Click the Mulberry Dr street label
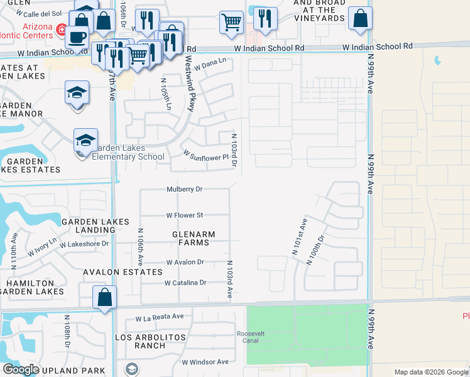point(185,188)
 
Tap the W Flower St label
point(185,215)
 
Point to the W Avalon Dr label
point(185,262)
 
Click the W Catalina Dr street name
point(185,283)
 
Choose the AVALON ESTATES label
point(123,272)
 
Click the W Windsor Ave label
point(205,362)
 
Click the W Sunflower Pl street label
point(205,155)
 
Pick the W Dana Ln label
point(210,63)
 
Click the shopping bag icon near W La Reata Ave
point(104,297)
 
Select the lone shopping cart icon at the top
point(232,23)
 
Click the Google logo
point(21,369)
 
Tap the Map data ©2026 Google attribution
point(430,372)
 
